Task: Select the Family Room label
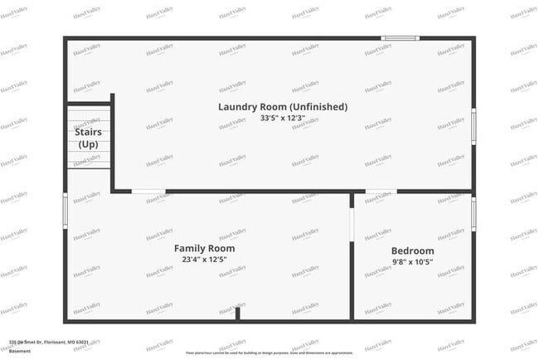pos(204,248)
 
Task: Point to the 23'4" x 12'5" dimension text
pos(204,260)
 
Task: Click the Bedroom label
pos(412,251)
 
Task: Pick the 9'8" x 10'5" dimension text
pos(412,262)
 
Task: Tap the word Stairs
pos(88,132)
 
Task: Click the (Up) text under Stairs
pos(88,144)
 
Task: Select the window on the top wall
pos(401,37)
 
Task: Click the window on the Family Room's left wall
pos(66,211)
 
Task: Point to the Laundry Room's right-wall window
pos(473,127)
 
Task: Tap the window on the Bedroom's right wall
pos(473,214)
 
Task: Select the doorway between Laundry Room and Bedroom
pos(381,192)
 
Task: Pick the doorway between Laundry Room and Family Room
pos(149,192)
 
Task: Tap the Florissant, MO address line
pos(49,342)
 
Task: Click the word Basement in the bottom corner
pos(20,351)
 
